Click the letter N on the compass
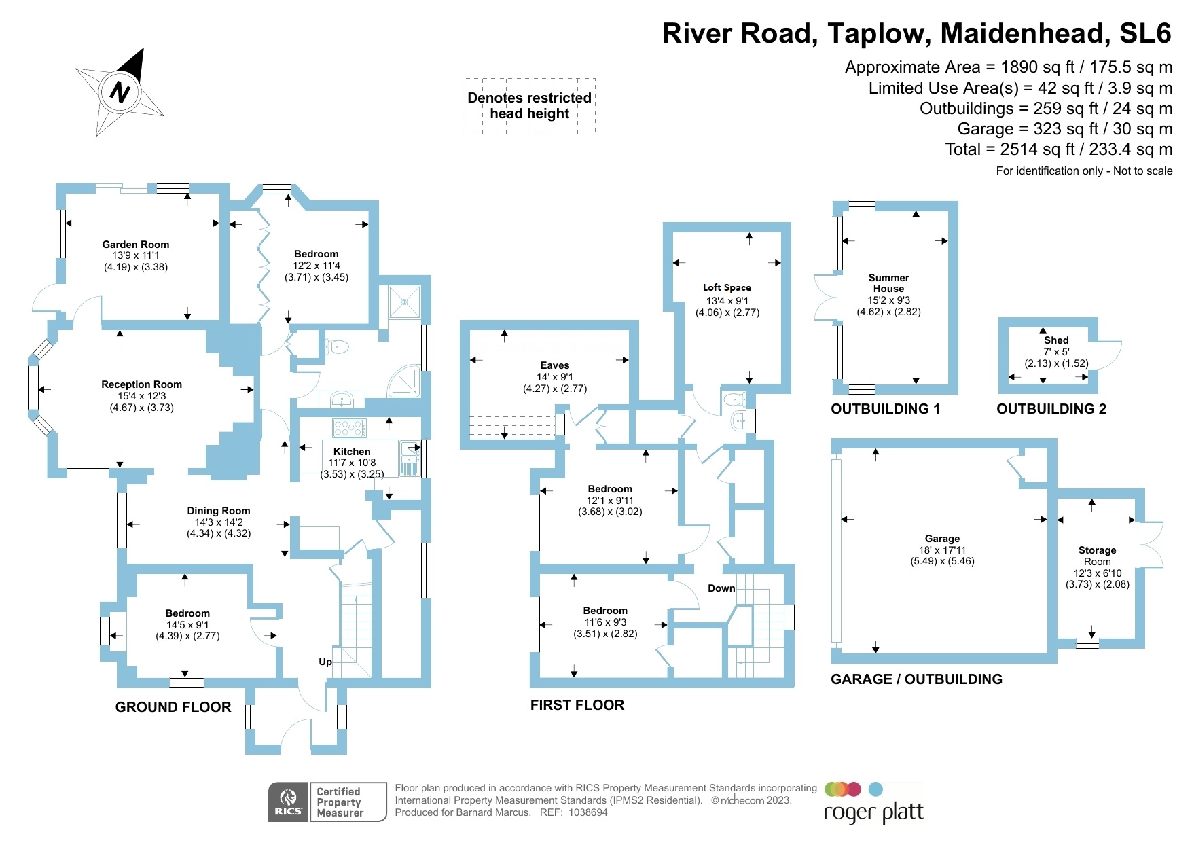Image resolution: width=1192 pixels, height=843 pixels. (x=120, y=91)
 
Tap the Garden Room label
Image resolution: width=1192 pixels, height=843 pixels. (x=136, y=245)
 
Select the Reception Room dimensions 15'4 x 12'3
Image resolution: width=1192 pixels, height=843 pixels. (x=141, y=396)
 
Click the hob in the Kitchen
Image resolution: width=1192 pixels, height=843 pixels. (x=349, y=428)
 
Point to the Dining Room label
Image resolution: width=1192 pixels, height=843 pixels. (x=219, y=511)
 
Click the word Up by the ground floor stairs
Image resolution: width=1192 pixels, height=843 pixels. (x=325, y=662)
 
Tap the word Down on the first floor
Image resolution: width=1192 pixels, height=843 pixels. (x=721, y=588)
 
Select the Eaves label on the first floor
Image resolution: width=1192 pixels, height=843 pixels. (x=555, y=365)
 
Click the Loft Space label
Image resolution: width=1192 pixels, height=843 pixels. (x=727, y=287)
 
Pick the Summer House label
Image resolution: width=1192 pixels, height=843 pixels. (x=888, y=283)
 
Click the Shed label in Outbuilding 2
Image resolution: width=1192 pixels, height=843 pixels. (x=1056, y=340)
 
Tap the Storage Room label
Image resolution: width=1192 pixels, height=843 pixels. (x=1097, y=556)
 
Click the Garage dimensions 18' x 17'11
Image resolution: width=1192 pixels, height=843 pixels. (x=942, y=550)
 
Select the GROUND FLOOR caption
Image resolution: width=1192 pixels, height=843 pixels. (x=173, y=707)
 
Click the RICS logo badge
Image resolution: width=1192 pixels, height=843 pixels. (x=288, y=802)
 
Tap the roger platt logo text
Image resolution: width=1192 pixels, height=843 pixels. (x=873, y=812)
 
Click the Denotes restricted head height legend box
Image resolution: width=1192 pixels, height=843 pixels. (x=530, y=106)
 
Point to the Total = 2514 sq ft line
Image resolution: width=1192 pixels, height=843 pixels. (x=1058, y=149)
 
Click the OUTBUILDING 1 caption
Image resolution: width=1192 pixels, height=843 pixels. (x=885, y=409)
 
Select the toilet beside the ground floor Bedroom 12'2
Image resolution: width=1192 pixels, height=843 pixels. (x=337, y=348)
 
